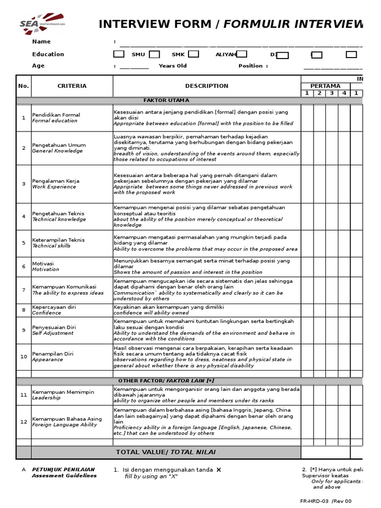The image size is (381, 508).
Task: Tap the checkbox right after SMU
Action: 154,55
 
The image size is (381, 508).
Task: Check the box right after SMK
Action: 193,55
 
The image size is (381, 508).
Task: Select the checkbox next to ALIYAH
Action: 242,55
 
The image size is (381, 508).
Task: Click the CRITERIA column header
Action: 72,86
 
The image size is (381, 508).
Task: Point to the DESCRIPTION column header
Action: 207,86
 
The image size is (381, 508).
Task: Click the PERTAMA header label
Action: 325,86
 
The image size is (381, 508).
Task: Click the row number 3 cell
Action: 23,184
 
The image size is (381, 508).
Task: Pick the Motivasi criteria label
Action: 43,264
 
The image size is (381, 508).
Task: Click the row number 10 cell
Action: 23,357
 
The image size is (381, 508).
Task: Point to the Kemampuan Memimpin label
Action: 63,392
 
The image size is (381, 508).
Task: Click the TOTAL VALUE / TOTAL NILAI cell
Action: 166,452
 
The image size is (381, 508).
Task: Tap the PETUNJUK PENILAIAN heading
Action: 63,469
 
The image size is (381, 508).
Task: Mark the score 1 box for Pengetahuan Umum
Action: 307,148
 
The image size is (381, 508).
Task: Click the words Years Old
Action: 173,66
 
